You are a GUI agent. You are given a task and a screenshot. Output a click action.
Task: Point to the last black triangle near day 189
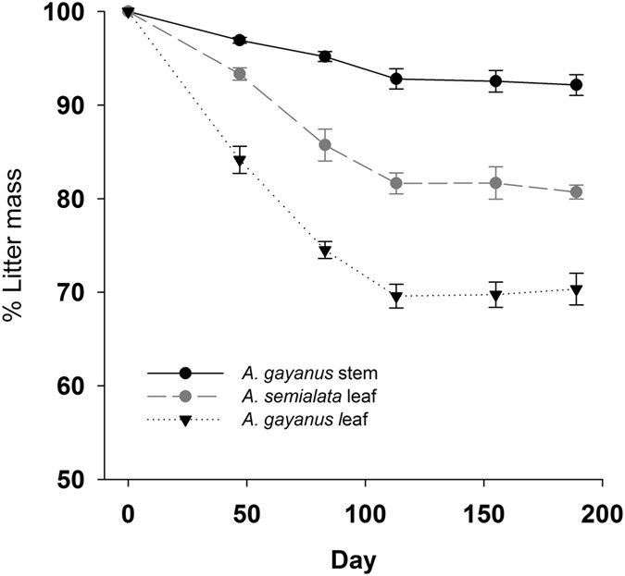(x=576, y=289)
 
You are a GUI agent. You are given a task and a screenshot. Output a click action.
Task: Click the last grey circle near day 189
(x=576, y=192)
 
